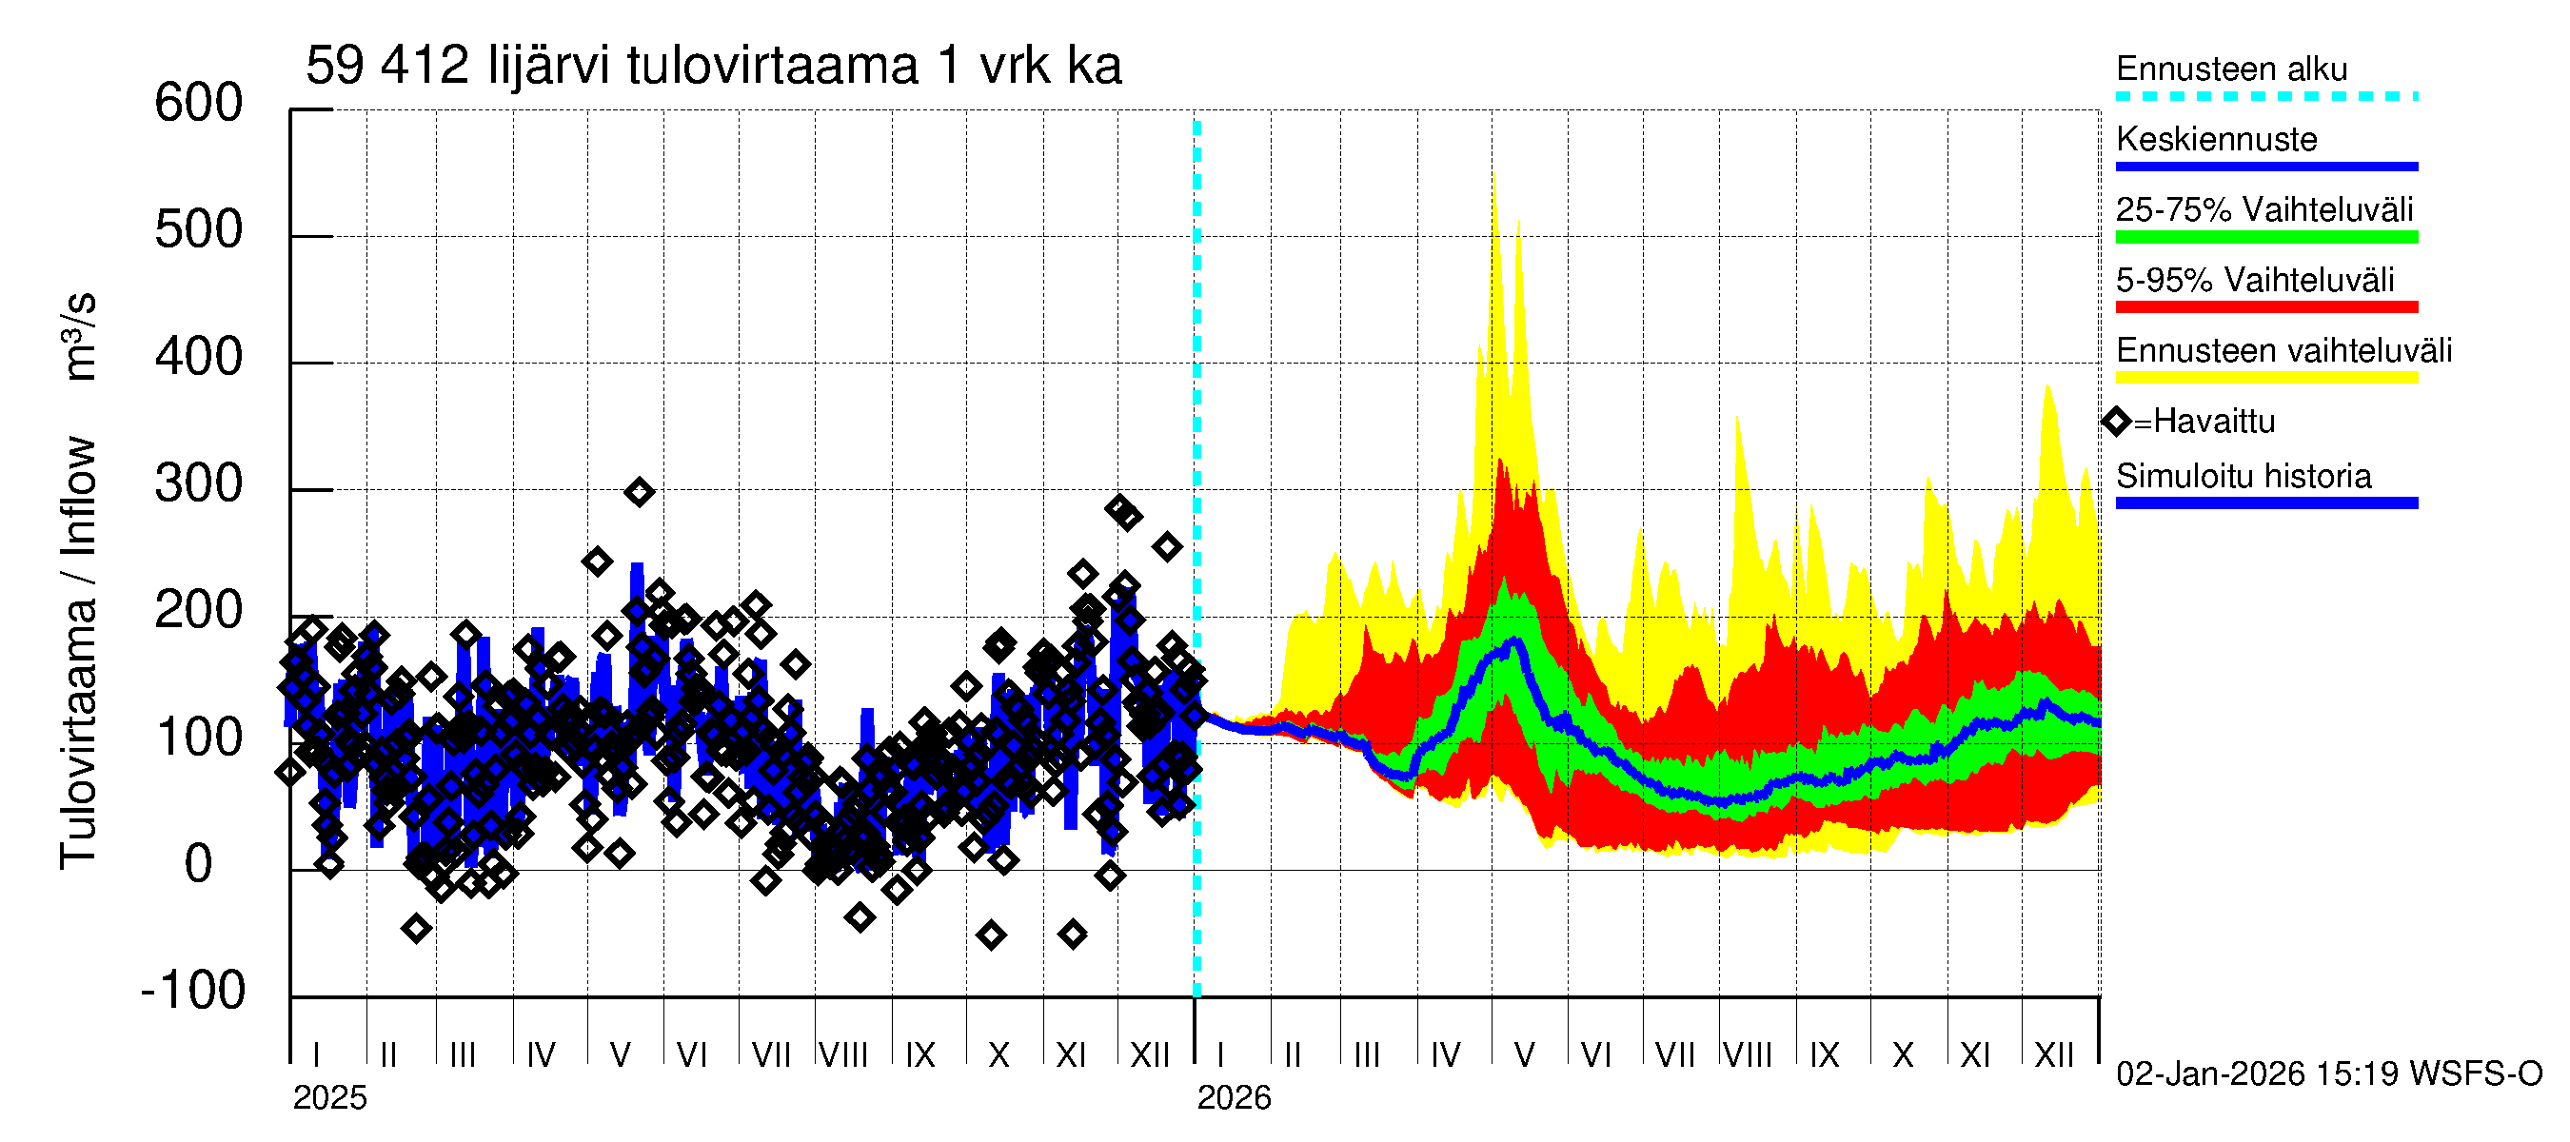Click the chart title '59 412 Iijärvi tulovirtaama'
coord(713,66)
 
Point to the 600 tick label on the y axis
coord(199,103)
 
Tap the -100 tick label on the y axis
coord(193,990)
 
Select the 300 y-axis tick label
coord(199,483)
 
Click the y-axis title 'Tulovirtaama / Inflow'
coord(78,653)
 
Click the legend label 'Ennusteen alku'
coord(2231,69)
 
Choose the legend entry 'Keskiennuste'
coord(2216,139)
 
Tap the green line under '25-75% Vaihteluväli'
coord(2265,237)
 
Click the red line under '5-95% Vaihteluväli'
coord(2265,307)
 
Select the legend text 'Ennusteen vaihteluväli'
coord(2283,350)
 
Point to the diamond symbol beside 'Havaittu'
coord(2116,422)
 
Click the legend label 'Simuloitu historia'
coord(2243,476)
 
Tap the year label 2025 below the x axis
coord(330,1098)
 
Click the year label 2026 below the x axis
coord(1235,1098)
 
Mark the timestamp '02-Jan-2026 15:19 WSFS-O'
coord(2328,1074)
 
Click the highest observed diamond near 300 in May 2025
coord(640,492)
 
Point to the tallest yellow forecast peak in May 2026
coord(1493,178)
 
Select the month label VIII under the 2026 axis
coord(1748,1054)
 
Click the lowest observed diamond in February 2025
coord(417,929)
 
